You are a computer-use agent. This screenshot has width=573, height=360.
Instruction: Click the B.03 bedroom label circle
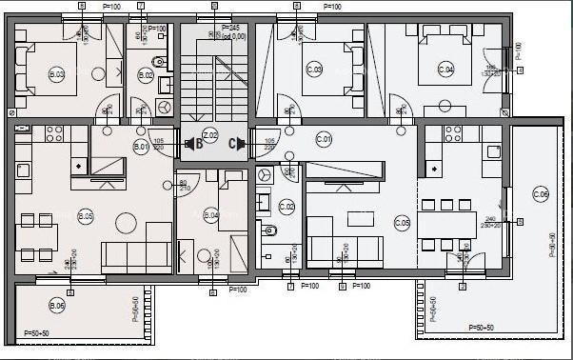[57, 72]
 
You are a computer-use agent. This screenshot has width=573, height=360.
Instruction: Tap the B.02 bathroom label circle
[146, 73]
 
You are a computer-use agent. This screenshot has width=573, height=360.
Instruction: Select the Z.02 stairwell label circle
[211, 135]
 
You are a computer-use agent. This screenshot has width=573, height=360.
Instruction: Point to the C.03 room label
[314, 70]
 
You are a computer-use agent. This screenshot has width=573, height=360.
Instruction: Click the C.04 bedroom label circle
[445, 69]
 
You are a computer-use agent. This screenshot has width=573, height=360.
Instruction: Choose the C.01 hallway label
[324, 139]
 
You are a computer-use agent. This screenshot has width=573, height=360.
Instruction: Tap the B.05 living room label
[87, 216]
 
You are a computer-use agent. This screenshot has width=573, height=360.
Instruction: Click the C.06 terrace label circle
[541, 195]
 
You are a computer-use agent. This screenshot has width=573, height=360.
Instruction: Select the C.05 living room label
[403, 223]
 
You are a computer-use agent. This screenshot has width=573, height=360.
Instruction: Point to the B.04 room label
[211, 215]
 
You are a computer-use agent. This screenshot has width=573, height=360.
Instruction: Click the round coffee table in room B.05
[126, 223]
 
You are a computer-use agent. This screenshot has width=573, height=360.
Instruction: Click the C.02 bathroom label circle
[286, 206]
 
